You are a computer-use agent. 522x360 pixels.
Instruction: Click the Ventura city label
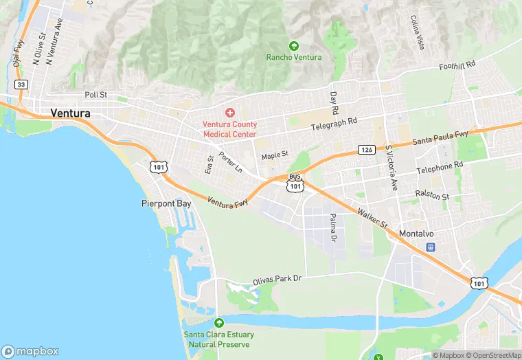[x=71, y=113]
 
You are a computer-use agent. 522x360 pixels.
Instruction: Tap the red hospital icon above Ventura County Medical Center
[x=229, y=112]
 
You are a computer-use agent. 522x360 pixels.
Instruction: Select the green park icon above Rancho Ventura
[x=294, y=46]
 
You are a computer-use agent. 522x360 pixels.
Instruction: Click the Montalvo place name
[x=417, y=234]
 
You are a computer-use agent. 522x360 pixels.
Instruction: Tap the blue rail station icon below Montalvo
[x=431, y=247]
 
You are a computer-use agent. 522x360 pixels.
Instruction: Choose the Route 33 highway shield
[x=21, y=84]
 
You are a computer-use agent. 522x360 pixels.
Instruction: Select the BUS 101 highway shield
[x=295, y=182]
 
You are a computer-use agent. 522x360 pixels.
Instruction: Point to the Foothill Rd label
[x=457, y=65]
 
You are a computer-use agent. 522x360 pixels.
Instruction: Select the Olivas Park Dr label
[x=277, y=278]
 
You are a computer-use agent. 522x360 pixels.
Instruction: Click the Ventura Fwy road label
[x=228, y=201]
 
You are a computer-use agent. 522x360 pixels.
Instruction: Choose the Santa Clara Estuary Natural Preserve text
[x=218, y=339]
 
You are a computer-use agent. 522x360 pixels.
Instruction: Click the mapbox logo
[x=30, y=350]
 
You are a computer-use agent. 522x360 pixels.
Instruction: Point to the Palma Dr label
[x=333, y=228]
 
